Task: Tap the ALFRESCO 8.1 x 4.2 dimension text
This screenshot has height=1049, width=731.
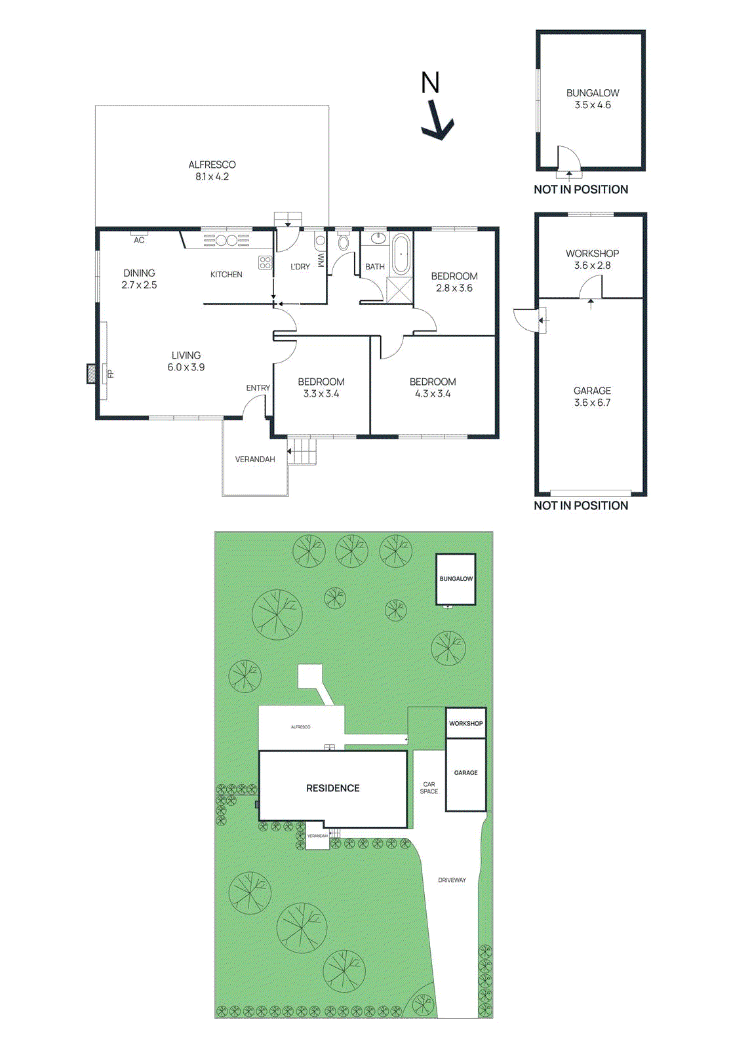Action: [x=212, y=176]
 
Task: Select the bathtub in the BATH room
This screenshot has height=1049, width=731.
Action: [x=400, y=253]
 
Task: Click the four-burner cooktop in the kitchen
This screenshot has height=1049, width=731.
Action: [x=265, y=263]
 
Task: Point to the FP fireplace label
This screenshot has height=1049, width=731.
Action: [x=111, y=374]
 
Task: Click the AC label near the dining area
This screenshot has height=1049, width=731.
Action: [x=139, y=240]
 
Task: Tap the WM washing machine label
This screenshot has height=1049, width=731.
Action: [x=321, y=260]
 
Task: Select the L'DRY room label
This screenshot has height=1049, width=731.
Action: [x=300, y=267]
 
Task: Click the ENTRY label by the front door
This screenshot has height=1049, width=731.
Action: [x=258, y=388]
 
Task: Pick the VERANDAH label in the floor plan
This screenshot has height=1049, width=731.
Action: [x=255, y=460]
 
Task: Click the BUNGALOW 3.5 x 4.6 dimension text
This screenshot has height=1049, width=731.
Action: [x=593, y=105]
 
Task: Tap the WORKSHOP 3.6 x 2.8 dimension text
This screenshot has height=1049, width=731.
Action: [x=592, y=266]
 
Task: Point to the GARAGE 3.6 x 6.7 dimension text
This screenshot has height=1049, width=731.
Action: [x=592, y=403]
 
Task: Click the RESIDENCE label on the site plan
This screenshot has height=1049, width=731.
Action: [x=333, y=788]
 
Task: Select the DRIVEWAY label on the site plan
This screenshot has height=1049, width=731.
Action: [x=452, y=880]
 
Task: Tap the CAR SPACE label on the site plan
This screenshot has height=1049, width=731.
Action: [x=429, y=788]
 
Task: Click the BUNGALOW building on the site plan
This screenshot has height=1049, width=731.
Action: [x=456, y=579]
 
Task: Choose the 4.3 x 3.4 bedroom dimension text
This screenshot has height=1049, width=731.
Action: [x=433, y=394]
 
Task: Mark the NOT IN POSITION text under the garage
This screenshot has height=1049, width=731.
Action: [x=581, y=505]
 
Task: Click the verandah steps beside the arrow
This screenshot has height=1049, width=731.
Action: [x=305, y=451]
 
